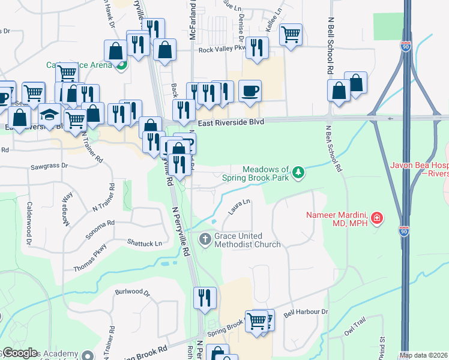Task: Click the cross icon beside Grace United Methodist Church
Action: (x=205, y=239)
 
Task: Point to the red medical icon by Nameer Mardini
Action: (x=376, y=218)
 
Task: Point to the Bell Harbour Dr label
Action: (x=306, y=312)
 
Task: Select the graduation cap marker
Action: (x=50, y=114)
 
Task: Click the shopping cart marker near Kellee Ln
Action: (x=291, y=35)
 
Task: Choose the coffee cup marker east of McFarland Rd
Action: (x=250, y=91)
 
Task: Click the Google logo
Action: (x=19, y=353)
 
